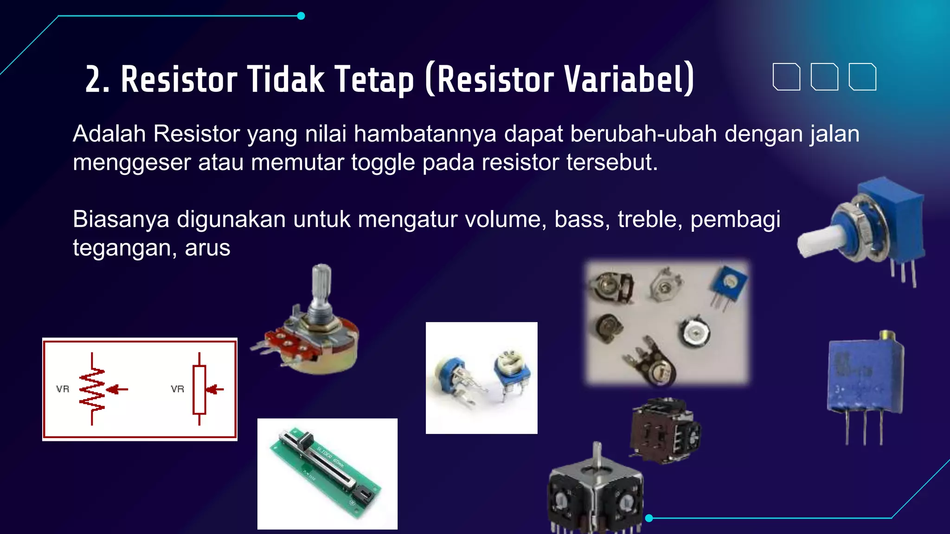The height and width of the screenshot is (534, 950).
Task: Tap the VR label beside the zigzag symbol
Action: [x=63, y=389]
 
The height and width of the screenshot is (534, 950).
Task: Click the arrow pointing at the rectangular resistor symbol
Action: [x=215, y=389]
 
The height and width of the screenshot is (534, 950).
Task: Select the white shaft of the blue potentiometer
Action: [x=816, y=241]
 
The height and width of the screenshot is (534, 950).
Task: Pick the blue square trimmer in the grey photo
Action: [x=728, y=283]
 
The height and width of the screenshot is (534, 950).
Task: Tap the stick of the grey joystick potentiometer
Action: [x=597, y=457]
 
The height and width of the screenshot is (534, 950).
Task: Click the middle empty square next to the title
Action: [x=824, y=76]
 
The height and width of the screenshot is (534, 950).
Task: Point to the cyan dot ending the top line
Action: [x=301, y=16]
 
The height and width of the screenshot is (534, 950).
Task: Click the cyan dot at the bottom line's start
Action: [x=649, y=518]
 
